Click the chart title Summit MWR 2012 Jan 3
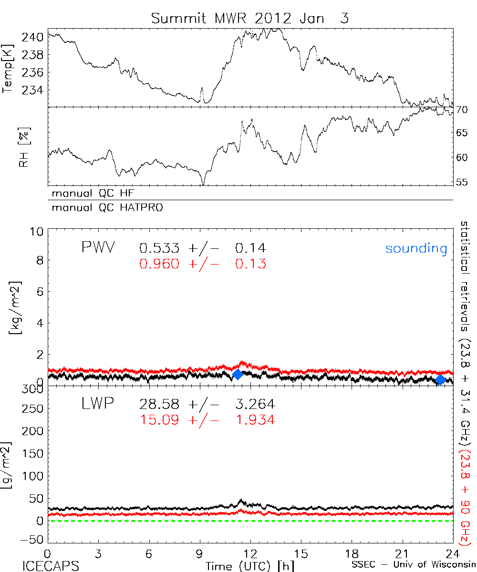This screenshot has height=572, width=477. click(x=249, y=19)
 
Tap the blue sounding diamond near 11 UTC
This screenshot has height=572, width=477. click(x=237, y=375)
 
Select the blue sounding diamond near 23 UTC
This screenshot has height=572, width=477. click(x=440, y=379)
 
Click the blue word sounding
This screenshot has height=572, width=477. click(x=416, y=248)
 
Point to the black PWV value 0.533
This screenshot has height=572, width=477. click(x=160, y=248)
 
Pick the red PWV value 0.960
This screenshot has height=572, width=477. click(x=160, y=264)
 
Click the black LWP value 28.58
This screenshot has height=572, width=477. click(x=160, y=405)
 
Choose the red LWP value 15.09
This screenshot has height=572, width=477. click(x=160, y=420)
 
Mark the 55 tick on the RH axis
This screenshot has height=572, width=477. click(x=462, y=182)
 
